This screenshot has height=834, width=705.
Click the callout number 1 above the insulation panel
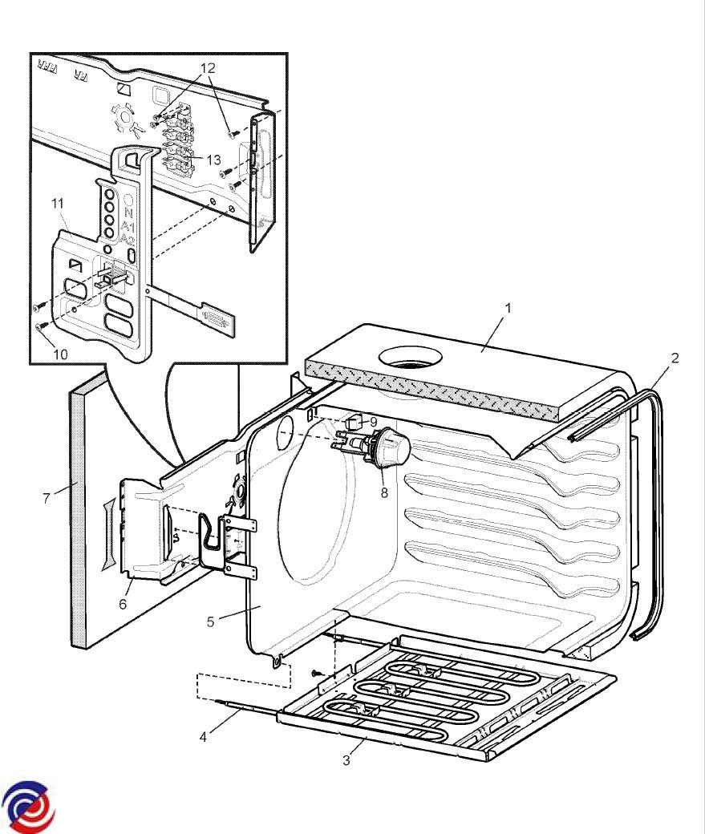(x=507, y=307)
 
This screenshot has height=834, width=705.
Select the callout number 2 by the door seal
(x=675, y=358)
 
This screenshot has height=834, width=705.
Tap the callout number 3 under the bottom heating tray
(x=346, y=760)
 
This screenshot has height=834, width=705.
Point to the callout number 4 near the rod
(x=204, y=736)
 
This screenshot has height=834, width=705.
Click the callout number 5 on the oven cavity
(x=211, y=621)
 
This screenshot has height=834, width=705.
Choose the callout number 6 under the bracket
(x=123, y=604)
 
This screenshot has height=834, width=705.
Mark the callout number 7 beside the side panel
(x=47, y=498)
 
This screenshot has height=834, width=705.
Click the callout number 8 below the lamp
(x=384, y=492)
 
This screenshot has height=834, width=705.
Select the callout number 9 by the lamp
(x=373, y=422)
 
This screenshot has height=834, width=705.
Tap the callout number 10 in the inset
(x=61, y=354)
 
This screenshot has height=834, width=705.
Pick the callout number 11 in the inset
(x=58, y=204)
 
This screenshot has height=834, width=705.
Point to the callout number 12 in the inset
(x=208, y=68)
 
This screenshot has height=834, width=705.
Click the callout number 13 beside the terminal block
(x=213, y=160)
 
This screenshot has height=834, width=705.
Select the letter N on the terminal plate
(x=128, y=213)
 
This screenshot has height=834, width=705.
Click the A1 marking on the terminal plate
(x=128, y=228)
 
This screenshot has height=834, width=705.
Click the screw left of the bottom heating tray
(x=316, y=671)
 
